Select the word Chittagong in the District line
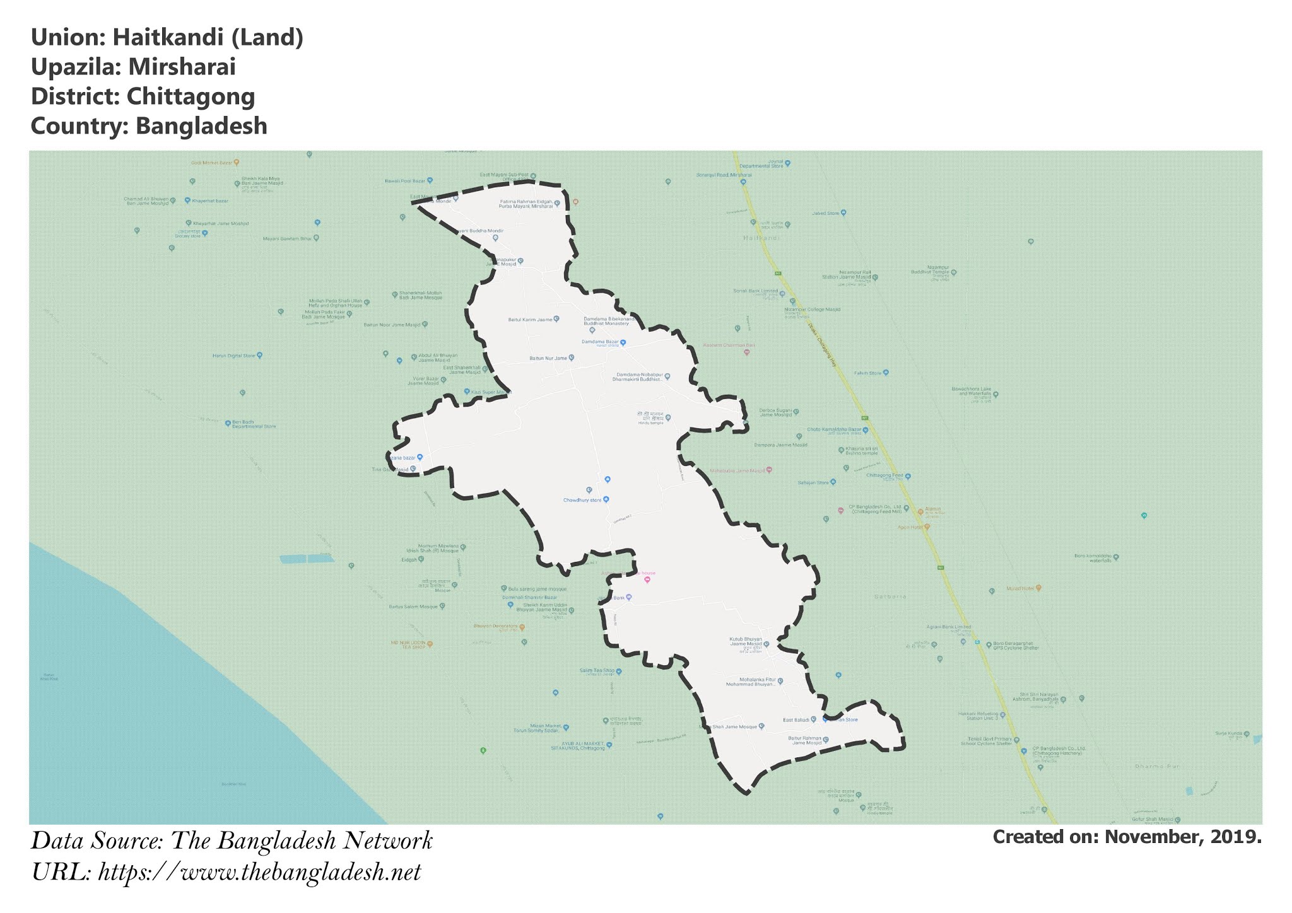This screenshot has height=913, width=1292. coord(191,96)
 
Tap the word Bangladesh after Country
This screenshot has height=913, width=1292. coord(201,126)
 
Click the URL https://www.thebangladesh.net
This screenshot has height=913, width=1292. coord(259,873)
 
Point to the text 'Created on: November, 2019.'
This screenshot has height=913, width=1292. coord(1127,837)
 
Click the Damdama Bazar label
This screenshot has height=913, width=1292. coord(600,342)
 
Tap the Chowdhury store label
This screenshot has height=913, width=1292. coord(582,500)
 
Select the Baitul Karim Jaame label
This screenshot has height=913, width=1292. coord(530,320)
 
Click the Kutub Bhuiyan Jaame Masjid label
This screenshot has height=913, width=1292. coord(746,642)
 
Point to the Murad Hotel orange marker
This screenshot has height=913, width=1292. coord(1038,588)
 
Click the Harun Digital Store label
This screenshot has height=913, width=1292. coord(233,356)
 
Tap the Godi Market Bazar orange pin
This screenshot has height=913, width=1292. coord(236,162)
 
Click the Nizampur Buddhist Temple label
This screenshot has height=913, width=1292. coord(930,272)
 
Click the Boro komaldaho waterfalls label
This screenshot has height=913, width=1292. coord(1093,558)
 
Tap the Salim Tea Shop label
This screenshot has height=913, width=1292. coord(597,670)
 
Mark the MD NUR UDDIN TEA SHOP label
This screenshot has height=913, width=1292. coord(408,644)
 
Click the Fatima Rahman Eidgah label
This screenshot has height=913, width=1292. coord(526,204)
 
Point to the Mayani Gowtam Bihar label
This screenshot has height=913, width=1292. coord(287,239)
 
